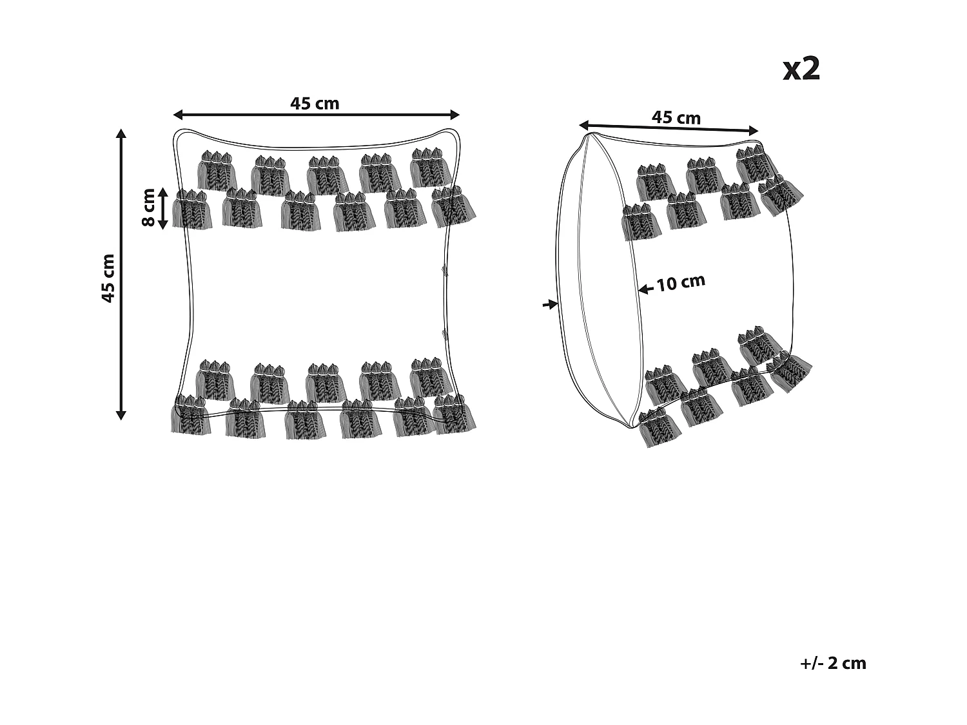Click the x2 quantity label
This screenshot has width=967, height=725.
pyautogui.click(x=801, y=69)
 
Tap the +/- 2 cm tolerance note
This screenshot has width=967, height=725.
pyautogui.click(x=833, y=663)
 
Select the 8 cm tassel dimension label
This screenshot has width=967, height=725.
pyautogui.click(x=148, y=208)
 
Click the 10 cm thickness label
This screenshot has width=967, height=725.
pyautogui.click(x=681, y=282)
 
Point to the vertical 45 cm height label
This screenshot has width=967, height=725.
pyautogui.click(x=108, y=278)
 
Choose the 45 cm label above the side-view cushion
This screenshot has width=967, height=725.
pyautogui.click(x=676, y=117)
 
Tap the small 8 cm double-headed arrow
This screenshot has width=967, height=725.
pyautogui.click(x=162, y=209)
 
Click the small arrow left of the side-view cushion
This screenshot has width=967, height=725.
pyautogui.click(x=550, y=304)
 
